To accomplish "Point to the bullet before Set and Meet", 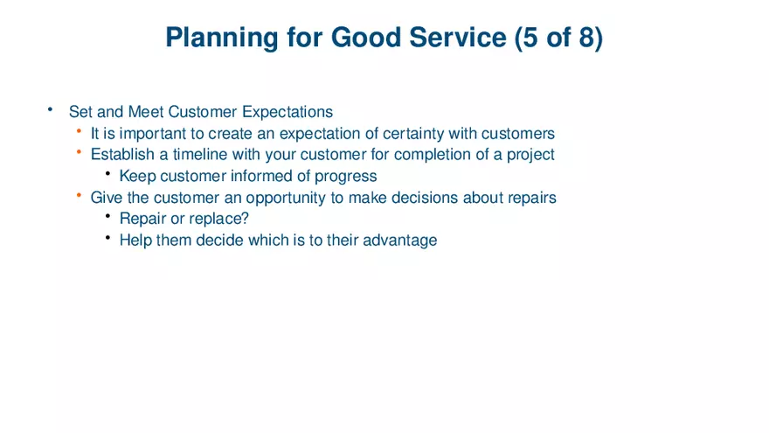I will click(51, 110).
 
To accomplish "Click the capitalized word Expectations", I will click(288, 112).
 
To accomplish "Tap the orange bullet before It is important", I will click(79, 132).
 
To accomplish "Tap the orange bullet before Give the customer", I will click(79, 196).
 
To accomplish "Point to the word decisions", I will click(425, 198).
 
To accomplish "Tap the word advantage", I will click(400, 241).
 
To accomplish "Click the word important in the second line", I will click(146, 134).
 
